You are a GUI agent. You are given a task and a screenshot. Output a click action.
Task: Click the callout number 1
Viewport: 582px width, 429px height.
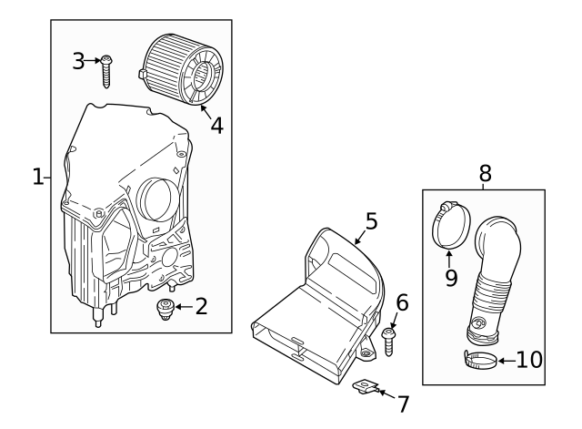click(x=37, y=177)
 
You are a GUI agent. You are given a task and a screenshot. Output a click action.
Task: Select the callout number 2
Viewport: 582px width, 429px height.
click(x=201, y=307)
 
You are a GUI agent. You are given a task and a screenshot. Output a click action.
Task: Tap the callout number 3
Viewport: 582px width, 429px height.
click(x=79, y=61)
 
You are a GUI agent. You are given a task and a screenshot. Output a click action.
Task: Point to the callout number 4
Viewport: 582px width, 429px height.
click(x=216, y=125)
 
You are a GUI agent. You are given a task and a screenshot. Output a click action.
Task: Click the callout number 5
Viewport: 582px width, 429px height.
click(x=371, y=220)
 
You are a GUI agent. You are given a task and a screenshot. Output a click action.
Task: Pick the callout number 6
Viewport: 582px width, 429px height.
click(x=402, y=302)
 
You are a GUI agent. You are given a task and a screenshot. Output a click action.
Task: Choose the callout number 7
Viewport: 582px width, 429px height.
click(x=403, y=403)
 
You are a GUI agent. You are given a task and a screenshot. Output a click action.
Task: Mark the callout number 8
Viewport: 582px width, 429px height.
click(x=485, y=172)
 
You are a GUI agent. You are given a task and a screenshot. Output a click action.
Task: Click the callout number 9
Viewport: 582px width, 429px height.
click(x=451, y=276)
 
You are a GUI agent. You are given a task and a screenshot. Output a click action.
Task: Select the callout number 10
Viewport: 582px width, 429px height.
click(x=528, y=359)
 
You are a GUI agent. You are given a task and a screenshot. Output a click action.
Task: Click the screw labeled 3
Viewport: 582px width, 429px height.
click(x=107, y=69)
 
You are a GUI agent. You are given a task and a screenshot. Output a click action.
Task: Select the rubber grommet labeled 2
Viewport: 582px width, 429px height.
click(x=165, y=310)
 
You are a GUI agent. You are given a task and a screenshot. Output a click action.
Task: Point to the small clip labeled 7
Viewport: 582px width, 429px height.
click(x=366, y=388)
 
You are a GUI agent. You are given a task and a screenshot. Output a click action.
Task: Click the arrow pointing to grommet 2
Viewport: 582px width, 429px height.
click(x=181, y=307)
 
